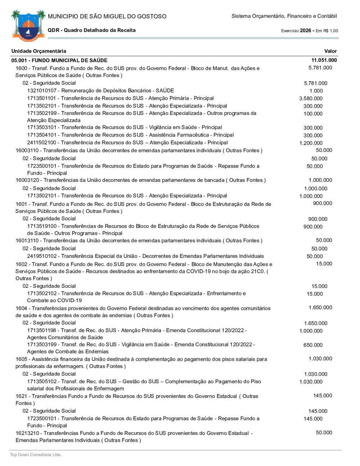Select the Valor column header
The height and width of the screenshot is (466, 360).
330,51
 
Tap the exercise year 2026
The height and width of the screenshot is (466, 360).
305,31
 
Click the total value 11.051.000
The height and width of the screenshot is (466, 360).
324,60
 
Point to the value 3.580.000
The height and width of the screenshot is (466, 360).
311,98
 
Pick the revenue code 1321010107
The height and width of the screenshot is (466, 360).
42,91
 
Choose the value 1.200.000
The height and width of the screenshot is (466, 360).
311,143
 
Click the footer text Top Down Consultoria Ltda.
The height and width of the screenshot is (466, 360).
36,455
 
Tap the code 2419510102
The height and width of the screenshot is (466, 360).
42,256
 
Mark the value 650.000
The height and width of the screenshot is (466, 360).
313,345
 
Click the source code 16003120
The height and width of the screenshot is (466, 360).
28,180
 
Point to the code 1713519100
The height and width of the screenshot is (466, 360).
42,226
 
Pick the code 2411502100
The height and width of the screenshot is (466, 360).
42,143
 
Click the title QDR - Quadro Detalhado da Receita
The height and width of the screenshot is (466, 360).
92,30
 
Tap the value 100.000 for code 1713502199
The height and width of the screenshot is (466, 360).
313,114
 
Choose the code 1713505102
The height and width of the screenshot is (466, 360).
42,381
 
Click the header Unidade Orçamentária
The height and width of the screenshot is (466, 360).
39,51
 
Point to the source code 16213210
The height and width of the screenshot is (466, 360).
28,433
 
